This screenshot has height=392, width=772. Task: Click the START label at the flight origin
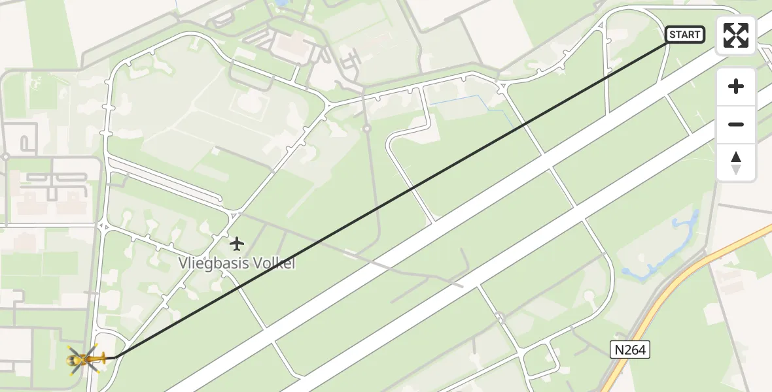pos(685,35)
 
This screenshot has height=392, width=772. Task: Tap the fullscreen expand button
pos(736,35)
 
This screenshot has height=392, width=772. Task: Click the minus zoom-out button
pos(736,124)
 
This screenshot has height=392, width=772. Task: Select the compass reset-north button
pos(736,163)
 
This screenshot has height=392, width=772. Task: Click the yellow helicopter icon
pos(84,358)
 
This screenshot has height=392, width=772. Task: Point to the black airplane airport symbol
pos(237,244)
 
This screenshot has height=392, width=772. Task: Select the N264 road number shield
pos(631,350)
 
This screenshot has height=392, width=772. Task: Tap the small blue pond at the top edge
pos(283,4)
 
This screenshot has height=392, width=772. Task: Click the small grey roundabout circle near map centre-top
pos(367,128)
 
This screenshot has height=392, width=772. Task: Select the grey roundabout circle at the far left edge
pos(5,157)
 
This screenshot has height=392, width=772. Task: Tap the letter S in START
pos(673,35)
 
